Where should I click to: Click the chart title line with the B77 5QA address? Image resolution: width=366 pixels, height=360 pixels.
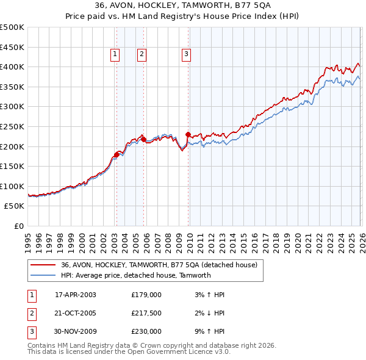click(183, 6)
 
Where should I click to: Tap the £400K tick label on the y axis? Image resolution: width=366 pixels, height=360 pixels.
click(12, 67)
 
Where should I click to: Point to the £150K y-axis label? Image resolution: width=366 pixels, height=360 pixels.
click(12, 166)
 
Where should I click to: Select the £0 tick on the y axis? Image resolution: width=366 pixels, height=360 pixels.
click(19, 226)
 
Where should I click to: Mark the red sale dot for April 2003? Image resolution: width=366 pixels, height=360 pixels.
click(117, 154)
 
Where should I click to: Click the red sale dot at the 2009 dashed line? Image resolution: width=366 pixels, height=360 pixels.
click(188, 134)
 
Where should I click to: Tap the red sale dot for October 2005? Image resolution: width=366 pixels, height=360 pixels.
click(144, 139)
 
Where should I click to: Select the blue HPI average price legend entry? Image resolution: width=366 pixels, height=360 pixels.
click(135, 275)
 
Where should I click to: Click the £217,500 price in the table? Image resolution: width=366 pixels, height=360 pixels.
click(146, 312)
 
